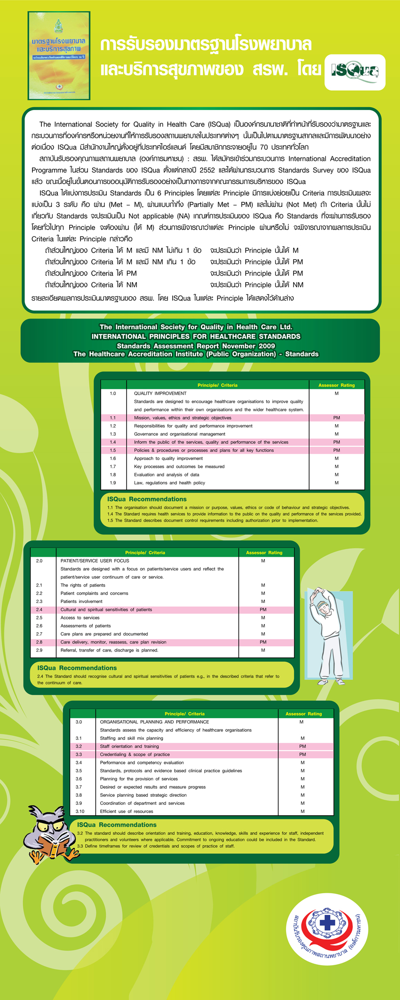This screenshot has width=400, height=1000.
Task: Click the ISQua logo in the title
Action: (355, 72)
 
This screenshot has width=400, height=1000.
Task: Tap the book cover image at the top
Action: (59, 56)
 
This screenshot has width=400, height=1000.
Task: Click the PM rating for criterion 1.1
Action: (336, 418)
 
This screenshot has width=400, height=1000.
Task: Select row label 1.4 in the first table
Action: (113, 442)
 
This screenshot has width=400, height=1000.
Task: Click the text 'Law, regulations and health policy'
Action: (169, 483)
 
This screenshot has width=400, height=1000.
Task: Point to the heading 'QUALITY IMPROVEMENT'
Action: (160, 393)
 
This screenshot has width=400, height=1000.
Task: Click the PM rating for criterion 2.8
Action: (263, 642)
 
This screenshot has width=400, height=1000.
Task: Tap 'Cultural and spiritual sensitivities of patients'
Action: (106, 610)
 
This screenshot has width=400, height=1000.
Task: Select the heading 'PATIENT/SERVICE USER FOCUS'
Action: (95, 561)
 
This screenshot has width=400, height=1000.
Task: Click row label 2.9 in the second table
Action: (39, 650)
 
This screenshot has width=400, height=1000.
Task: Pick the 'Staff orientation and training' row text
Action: (129, 746)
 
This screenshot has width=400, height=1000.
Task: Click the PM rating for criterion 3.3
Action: (303, 754)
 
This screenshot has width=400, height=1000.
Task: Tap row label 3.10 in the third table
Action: (80, 811)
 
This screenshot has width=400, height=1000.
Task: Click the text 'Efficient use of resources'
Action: (127, 811)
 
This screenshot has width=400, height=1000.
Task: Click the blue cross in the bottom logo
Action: (328, 922)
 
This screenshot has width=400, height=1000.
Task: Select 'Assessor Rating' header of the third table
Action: (304, 714)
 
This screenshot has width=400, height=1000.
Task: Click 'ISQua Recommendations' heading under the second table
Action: (77, 668)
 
